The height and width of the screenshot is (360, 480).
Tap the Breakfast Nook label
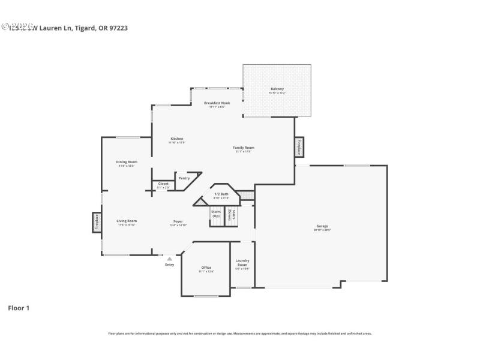pyautogui.click(x=217, y=104)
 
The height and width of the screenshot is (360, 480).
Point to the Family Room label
pyautogui.click(x=244, y=148)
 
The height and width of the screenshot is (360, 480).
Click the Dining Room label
pyautogui.click(x=127, y=163)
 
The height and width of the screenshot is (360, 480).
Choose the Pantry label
pyautogui.click(x=184, y=178)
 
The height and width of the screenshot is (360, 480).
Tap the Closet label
pyautogui.click(x=163, y=184)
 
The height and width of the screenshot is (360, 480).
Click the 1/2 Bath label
pyautogui.click(x=221, y=194)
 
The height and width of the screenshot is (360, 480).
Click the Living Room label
pyautogui.click(x=127, y=221)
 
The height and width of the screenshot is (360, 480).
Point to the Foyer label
pyautogui.click(x=178, y=222)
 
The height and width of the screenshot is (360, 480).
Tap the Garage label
pyautogui.click(x=322, y=227)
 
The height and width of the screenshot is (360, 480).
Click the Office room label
pyautogui.click(x=206, y=268)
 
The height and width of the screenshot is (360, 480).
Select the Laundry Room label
pyautogui.click(x=242, y=264)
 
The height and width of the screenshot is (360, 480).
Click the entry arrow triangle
pyautogui.click(x=169, y=258)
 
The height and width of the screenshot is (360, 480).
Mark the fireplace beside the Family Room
pyautogui.click(x=299, y=147)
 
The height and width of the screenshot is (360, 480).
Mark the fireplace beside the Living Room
pyautogui.click(x=97, y=222)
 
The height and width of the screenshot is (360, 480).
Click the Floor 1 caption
pyautogui.click(x=19, y=308)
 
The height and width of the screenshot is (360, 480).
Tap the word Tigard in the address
pyautogui.click(x=84, y=28)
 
